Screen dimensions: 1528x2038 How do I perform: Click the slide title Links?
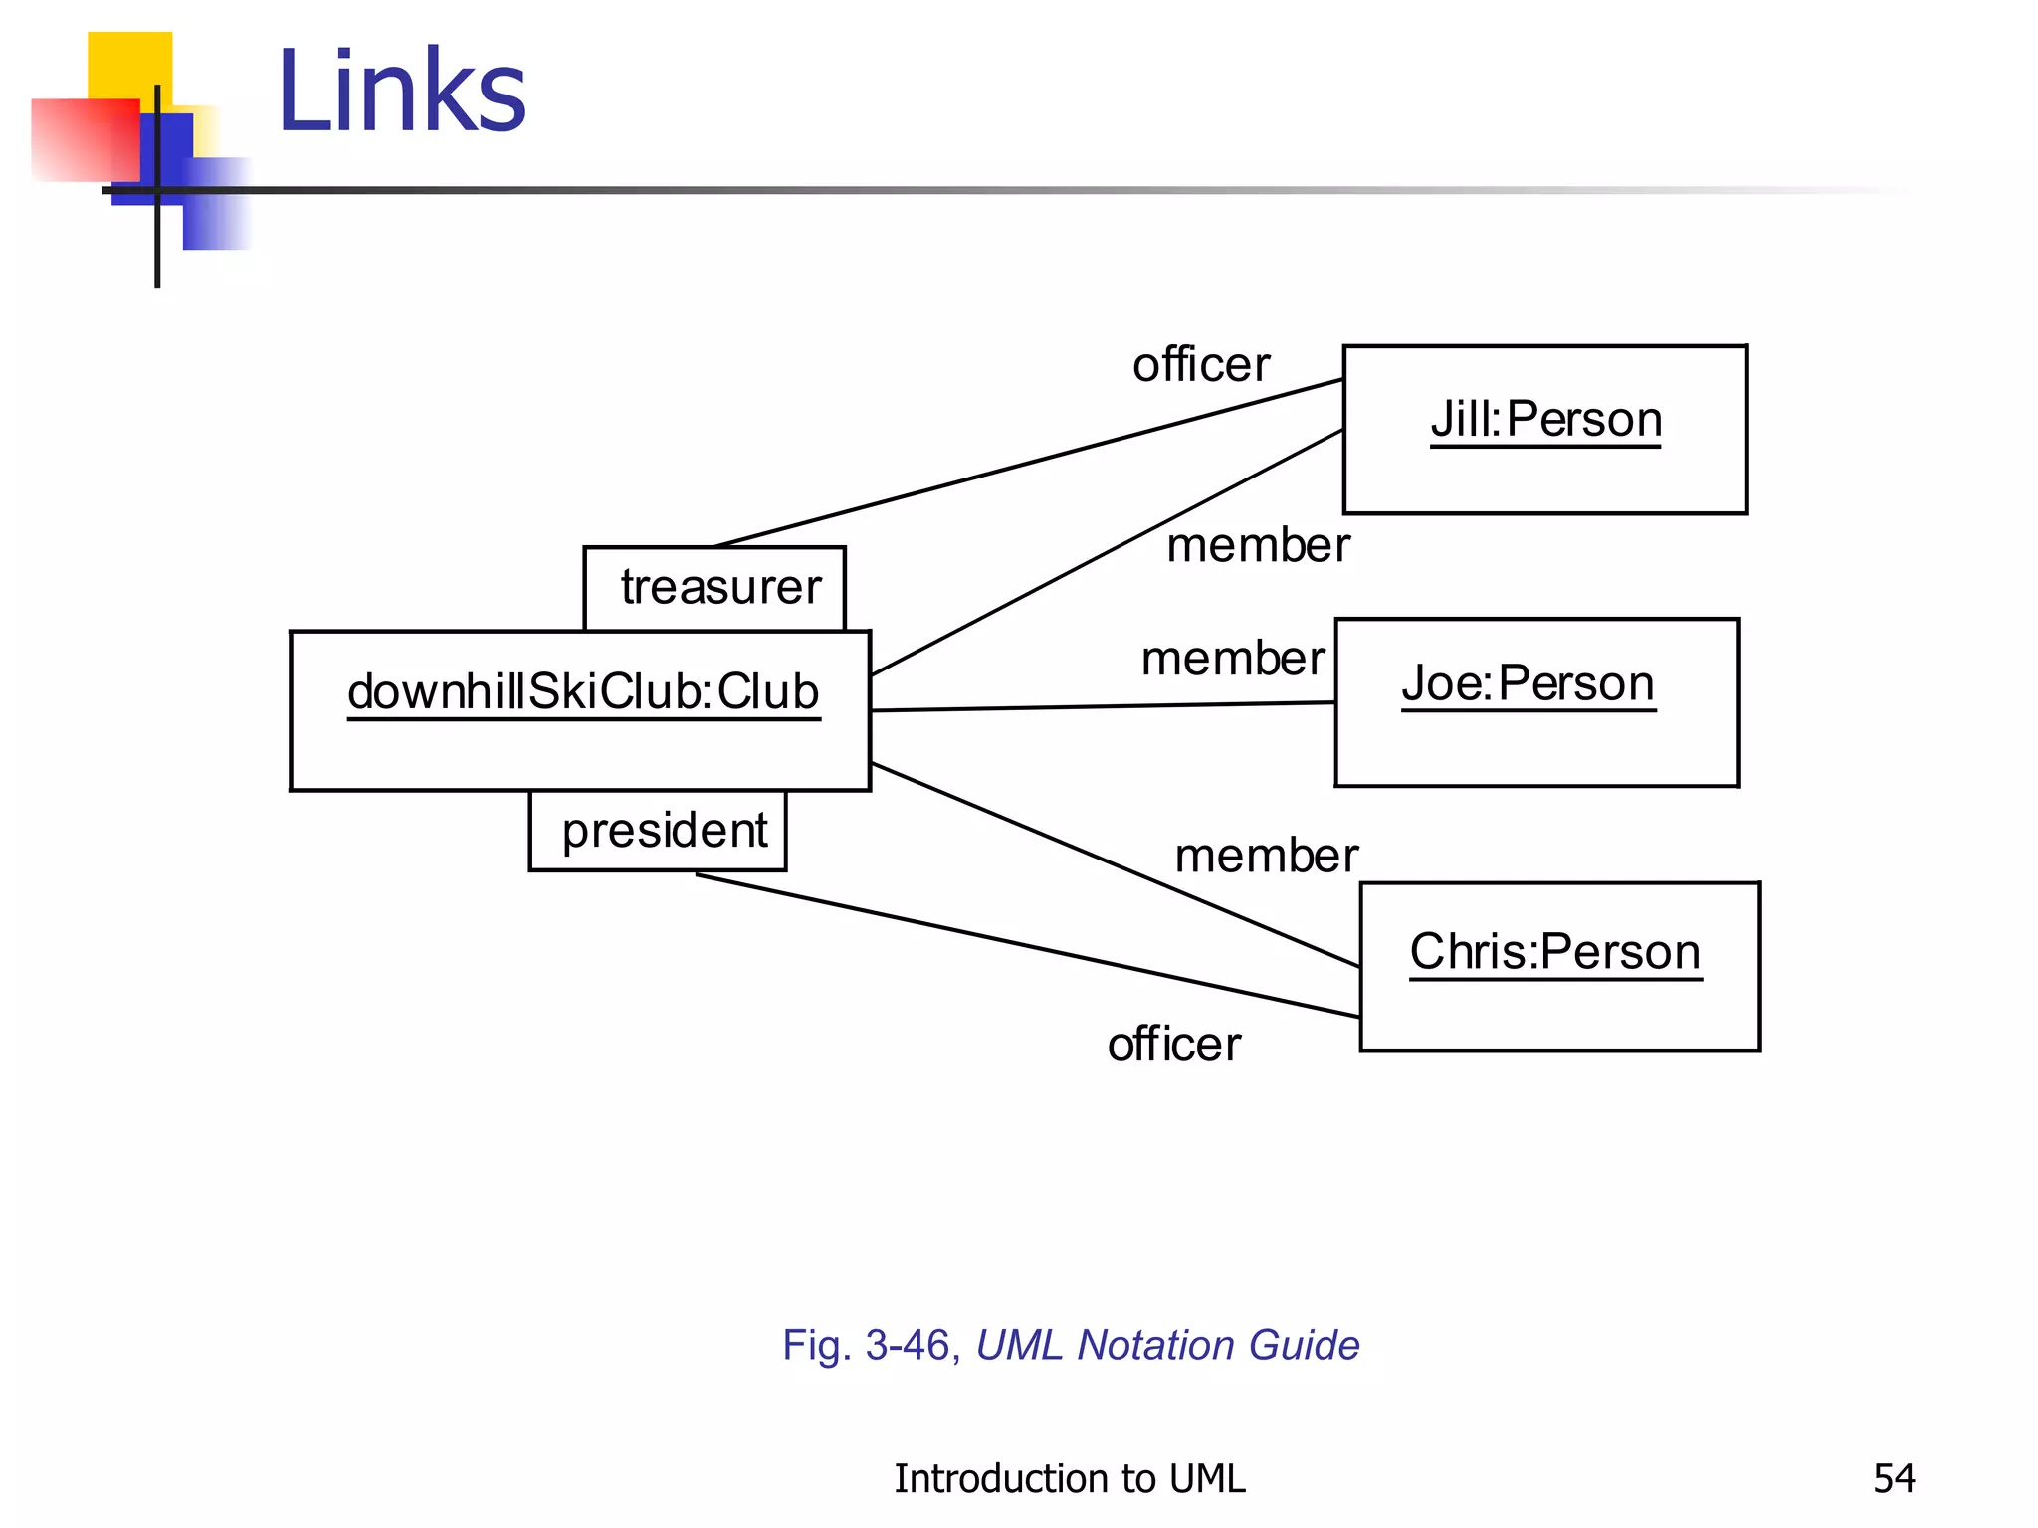coord(402,92)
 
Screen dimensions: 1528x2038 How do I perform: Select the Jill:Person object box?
coord(1544,430)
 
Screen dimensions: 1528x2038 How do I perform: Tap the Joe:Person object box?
coord(1536,702)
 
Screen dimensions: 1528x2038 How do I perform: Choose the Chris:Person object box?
coord(1559,966)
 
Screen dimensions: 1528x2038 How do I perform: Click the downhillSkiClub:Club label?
coord(583,692)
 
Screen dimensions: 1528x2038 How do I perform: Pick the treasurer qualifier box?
coord(715,588)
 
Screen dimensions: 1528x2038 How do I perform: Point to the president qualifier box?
coord(658,831)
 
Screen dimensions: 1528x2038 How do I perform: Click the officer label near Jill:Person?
coord(1201,365)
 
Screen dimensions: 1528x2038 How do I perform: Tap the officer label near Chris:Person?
coord(1174,1045)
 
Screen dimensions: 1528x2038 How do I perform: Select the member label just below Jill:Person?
coord(1258,546)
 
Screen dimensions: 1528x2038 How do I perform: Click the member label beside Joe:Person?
coord(1232,659)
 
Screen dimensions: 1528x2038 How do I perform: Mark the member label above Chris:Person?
coord(1266,856)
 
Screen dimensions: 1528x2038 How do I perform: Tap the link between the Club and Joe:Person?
coord(1103,706)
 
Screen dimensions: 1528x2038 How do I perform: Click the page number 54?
coord(1893,1479)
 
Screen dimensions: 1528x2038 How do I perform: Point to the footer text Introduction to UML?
coord(1069,1479)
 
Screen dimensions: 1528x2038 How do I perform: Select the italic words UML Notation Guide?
coord(1167,1345)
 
